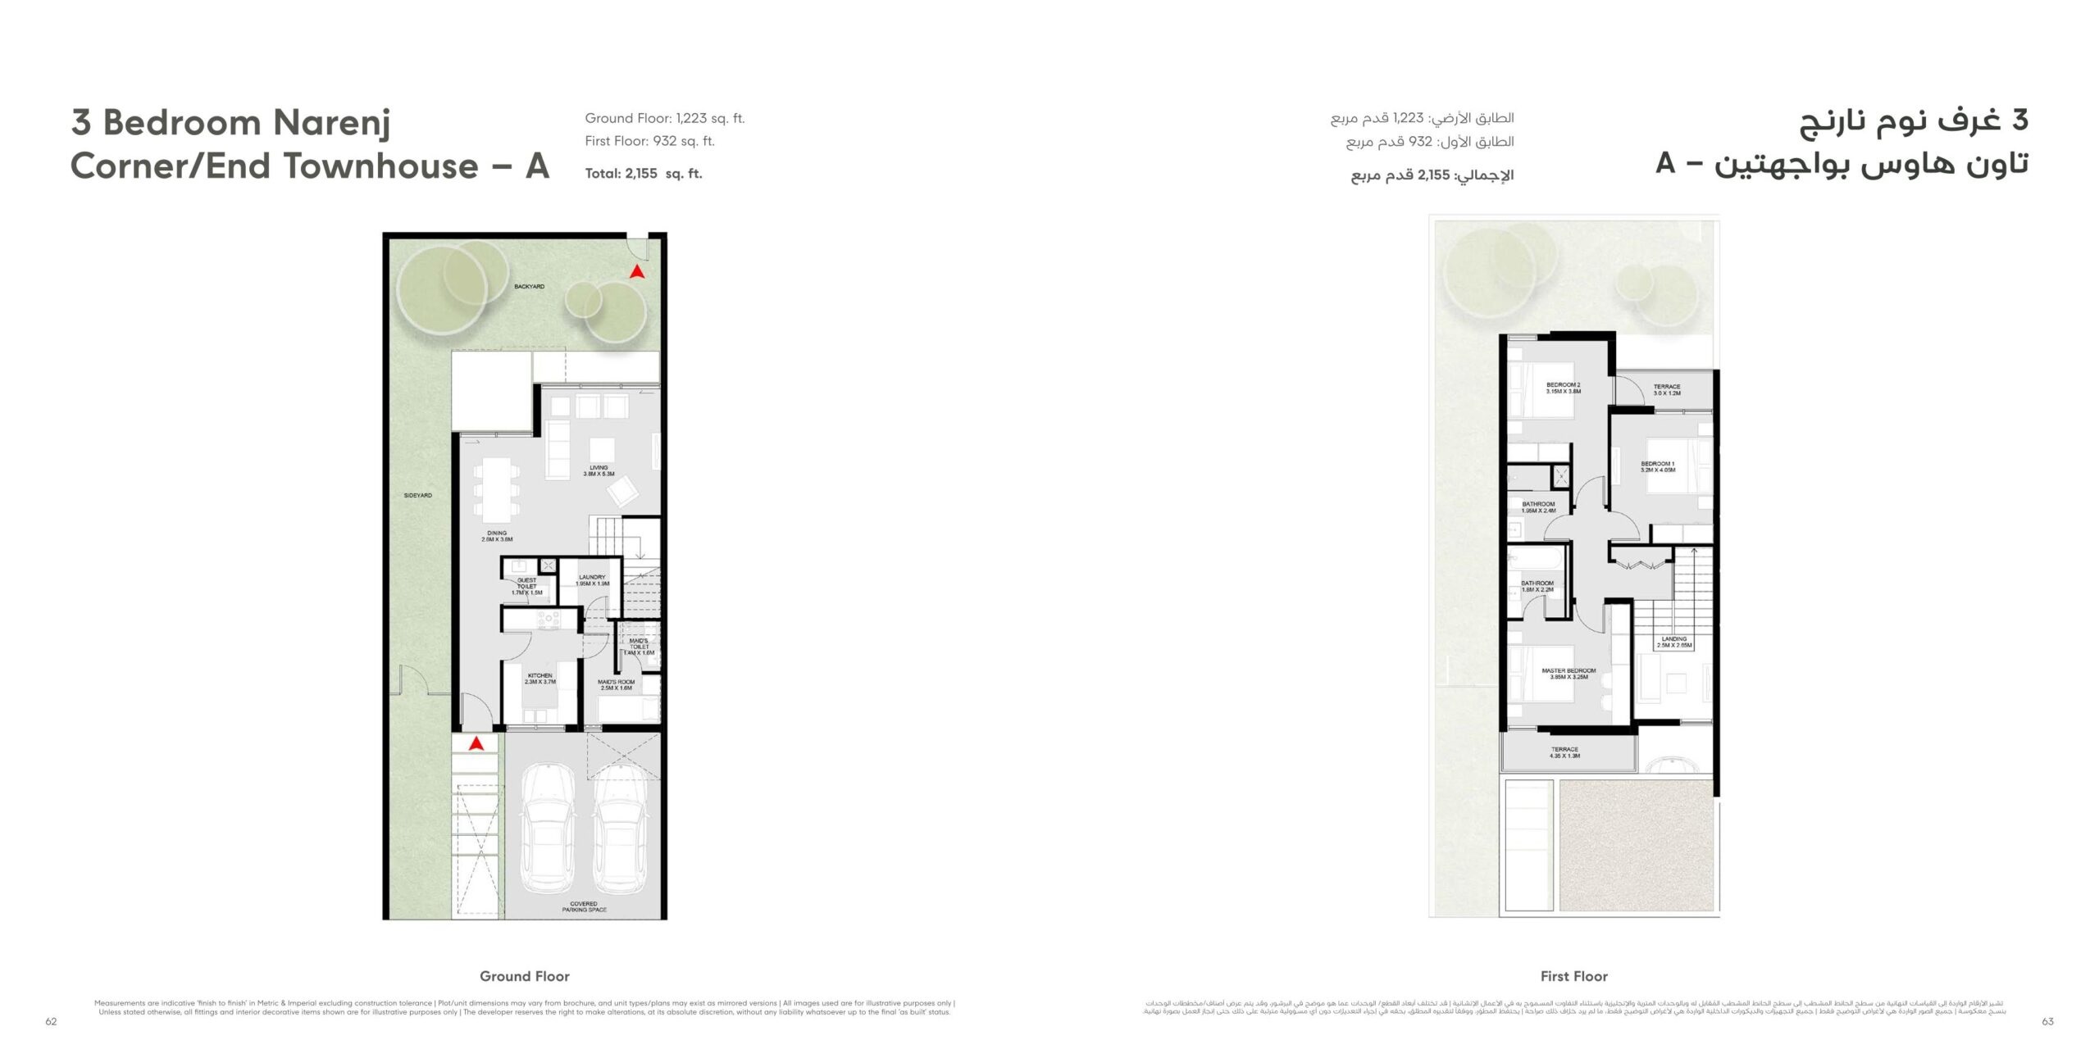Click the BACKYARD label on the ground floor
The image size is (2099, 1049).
click(x=529, y=287)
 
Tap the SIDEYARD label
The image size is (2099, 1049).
click(x=417, y=495)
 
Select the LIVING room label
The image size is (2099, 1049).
click(x=599, y=470)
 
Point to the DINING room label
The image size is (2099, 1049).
click(x=497, y=536)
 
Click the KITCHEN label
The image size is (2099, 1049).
click(x=540, y=679)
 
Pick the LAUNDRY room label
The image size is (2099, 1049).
click(x=592, y=580)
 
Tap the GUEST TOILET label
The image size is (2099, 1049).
click(x=526, y=586)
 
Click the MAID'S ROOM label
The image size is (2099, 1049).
click(x=616, y=684)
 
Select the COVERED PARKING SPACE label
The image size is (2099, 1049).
click(x=584, y=906)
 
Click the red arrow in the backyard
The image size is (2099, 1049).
click(x=636, y=271)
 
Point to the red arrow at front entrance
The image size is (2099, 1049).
click(x=476, y=743)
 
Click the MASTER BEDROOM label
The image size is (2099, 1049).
click(x=1569, y=674)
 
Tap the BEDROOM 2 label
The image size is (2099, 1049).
click(x=1563, y=388)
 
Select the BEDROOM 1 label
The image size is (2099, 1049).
click(x=1657, y=466)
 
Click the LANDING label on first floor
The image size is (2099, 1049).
click(x=1674, y=642)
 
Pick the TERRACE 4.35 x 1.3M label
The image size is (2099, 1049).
click(x=1564, y=752)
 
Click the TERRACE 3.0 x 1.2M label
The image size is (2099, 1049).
click(x=1666, y=389)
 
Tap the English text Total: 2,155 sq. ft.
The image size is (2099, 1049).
click(x=643, y=174)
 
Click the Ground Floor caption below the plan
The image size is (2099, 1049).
click(x=524, y=976)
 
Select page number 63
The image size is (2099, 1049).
click(x=2047, y=1021)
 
